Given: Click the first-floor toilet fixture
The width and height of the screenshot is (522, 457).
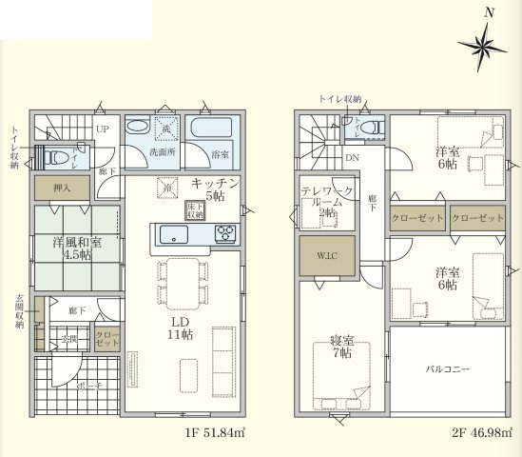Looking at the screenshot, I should (59, 157).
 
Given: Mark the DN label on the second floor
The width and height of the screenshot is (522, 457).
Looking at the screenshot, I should (351, 157).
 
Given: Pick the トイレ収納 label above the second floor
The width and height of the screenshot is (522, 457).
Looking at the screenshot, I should (341, 99).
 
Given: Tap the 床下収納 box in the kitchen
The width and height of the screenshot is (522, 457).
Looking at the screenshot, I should (195, 211).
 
